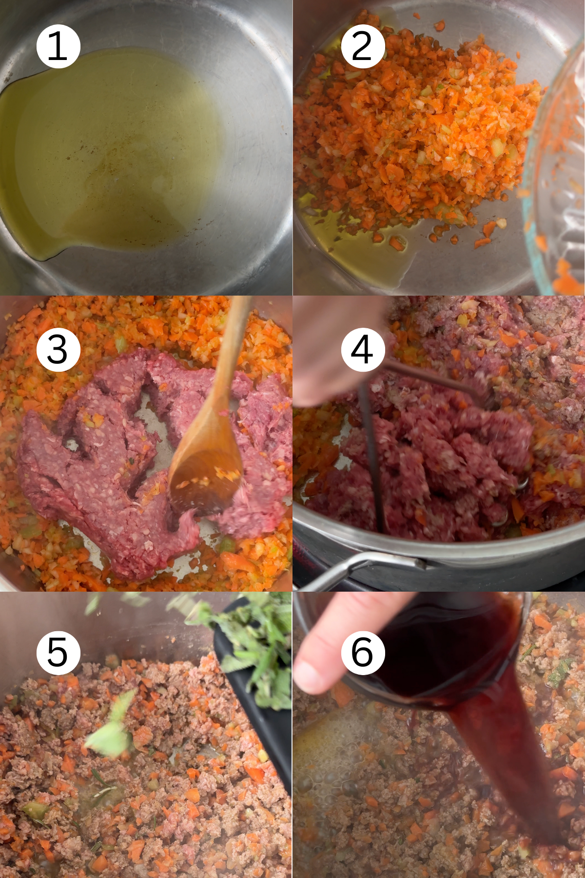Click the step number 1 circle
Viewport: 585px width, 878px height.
coord(58,46)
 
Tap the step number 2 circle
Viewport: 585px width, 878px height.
coord(362,46)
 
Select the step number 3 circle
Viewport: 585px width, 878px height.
coord(58,349)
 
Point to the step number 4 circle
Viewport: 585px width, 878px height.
coord(362,349)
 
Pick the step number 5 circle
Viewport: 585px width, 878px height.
coord(58,652)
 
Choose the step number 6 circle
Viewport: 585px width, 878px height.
coord(362,652)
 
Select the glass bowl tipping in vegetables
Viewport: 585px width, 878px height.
coord(556,185)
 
